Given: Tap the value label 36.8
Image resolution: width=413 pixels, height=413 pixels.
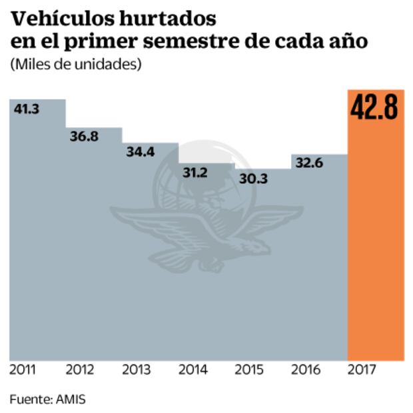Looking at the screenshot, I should coord(83,136).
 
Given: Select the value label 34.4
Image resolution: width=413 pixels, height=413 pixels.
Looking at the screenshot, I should coord(140,151).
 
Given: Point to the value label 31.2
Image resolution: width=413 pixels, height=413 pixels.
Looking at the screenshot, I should coord(195,173).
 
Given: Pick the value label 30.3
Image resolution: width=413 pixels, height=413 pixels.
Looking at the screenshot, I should coord(252,179).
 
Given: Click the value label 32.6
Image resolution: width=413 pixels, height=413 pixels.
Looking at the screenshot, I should coord(308,163).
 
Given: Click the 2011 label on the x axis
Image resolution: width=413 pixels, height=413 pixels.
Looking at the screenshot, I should coord(23,370).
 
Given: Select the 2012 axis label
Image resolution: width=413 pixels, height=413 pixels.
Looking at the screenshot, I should coord(80,370).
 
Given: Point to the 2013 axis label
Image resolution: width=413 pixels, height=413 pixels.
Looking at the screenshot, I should coord(137,370).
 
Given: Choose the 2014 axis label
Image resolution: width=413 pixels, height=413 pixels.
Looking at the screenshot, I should coord(193,370).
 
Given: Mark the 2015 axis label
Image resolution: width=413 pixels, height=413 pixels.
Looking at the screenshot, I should coord(250,370).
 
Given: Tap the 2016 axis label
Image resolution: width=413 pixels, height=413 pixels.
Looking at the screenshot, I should coord(306,370).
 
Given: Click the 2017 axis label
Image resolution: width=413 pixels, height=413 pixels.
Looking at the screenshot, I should coord(363,370).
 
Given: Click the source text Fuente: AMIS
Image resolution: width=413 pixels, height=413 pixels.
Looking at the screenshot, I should coord(47,399).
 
